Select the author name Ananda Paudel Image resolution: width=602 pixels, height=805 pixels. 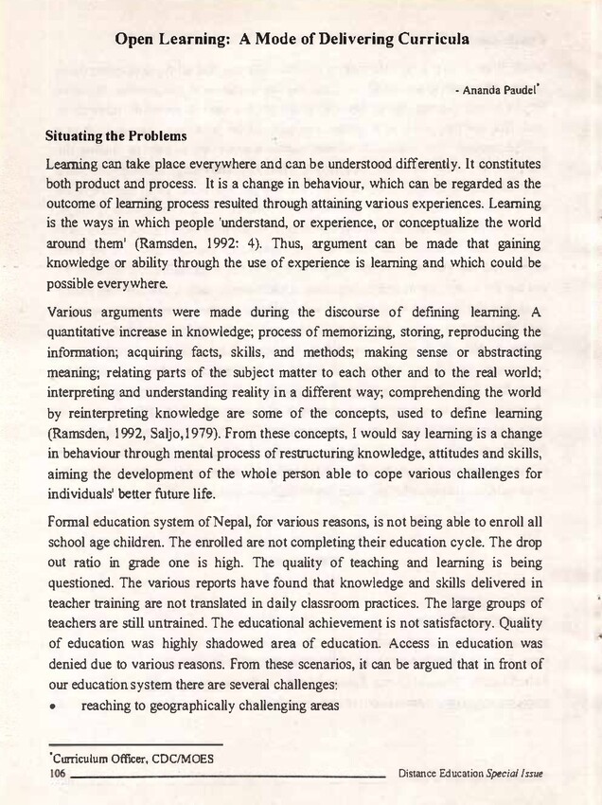503,93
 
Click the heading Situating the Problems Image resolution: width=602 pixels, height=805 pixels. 115,136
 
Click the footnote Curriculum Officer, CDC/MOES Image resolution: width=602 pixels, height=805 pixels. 133,759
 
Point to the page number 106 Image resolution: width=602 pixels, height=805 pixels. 58,774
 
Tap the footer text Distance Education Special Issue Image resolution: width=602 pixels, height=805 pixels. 470,774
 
